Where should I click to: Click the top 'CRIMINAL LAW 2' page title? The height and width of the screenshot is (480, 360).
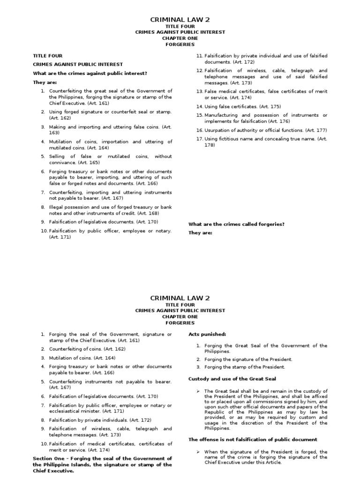(180, 19)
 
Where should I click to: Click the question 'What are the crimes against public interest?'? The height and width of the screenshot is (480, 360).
(90, 73)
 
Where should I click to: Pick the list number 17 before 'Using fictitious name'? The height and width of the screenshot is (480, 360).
(199, 139)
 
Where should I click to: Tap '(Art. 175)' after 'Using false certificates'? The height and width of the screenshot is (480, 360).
(270, 106)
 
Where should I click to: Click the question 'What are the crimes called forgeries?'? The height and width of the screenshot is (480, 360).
(236, 224)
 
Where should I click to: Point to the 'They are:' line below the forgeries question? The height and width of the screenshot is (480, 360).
(200, 232)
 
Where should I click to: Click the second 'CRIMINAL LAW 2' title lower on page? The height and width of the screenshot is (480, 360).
(180, 298)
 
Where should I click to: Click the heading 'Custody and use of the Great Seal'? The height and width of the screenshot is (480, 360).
(232, 379)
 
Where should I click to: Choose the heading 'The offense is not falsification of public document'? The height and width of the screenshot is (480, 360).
(253, 440)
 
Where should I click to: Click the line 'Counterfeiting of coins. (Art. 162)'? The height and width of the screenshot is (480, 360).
(87, 349)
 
